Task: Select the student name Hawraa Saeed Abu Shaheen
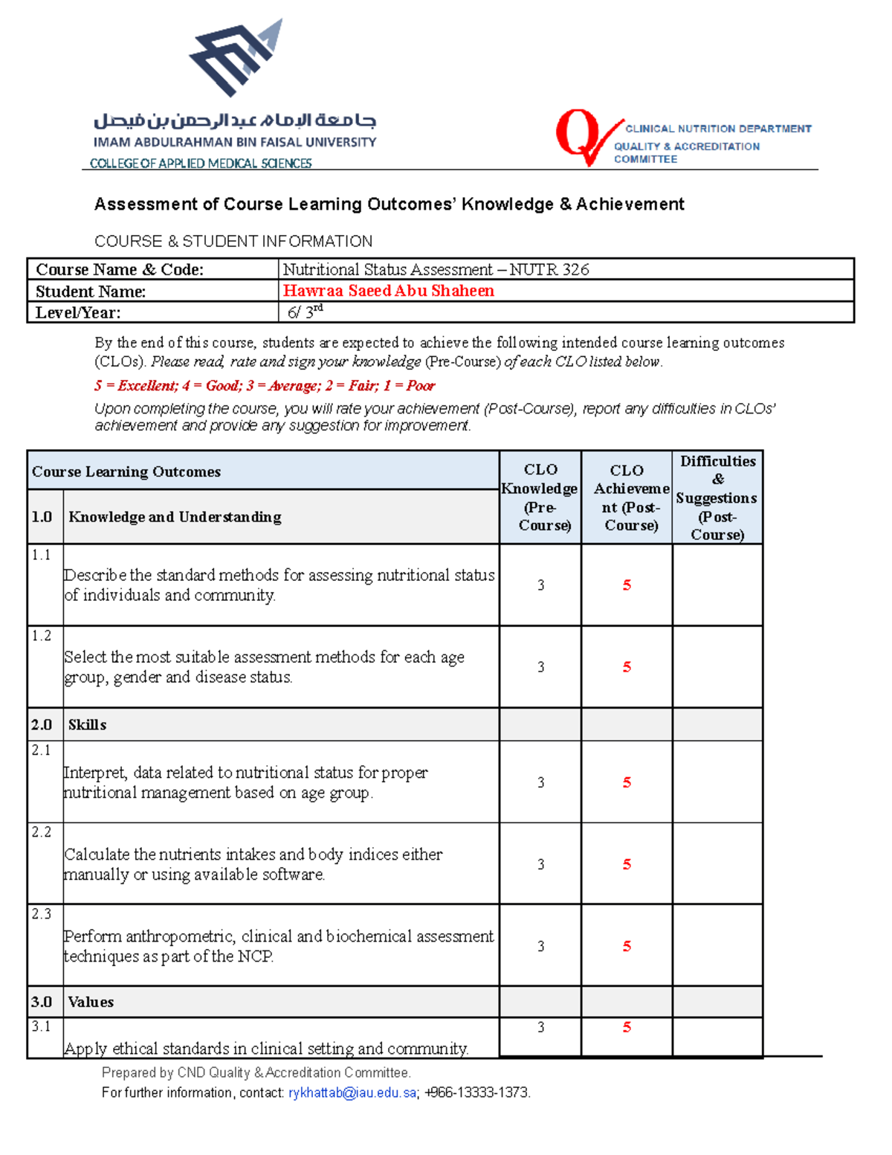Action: [x=388, y=291]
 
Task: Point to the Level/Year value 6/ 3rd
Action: [x=305, y=312]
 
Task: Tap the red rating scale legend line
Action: [x=264, y=385]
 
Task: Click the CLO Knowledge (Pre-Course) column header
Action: [x=540, y=497]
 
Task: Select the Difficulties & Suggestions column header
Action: [x=717, y=497]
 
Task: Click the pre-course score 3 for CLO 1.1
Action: [x=540, y=585]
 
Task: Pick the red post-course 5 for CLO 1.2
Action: [x=627, y=667]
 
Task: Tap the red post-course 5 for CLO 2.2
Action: [x=627, y=864]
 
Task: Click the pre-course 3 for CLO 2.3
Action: [x=540, y=946]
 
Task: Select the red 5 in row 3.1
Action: [x=627, y=1027]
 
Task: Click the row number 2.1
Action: [x=42, y=750]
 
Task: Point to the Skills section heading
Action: [x=87, y=724]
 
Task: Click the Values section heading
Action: [x=91, y=1002]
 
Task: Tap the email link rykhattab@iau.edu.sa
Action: [x=352, y=1093]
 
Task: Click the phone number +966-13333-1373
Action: [x=476, y=1093]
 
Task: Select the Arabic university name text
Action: [x=235, y=120]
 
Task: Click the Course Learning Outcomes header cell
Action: [x=126, y=472]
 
